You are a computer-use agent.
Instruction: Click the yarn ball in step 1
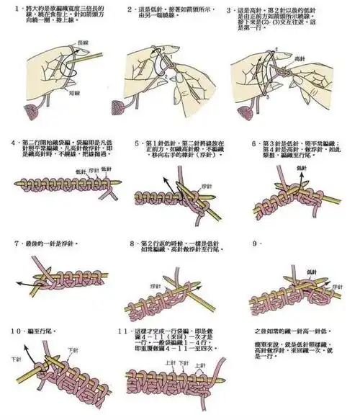point(32,110)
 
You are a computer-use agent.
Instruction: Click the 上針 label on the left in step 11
point(171,362)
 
